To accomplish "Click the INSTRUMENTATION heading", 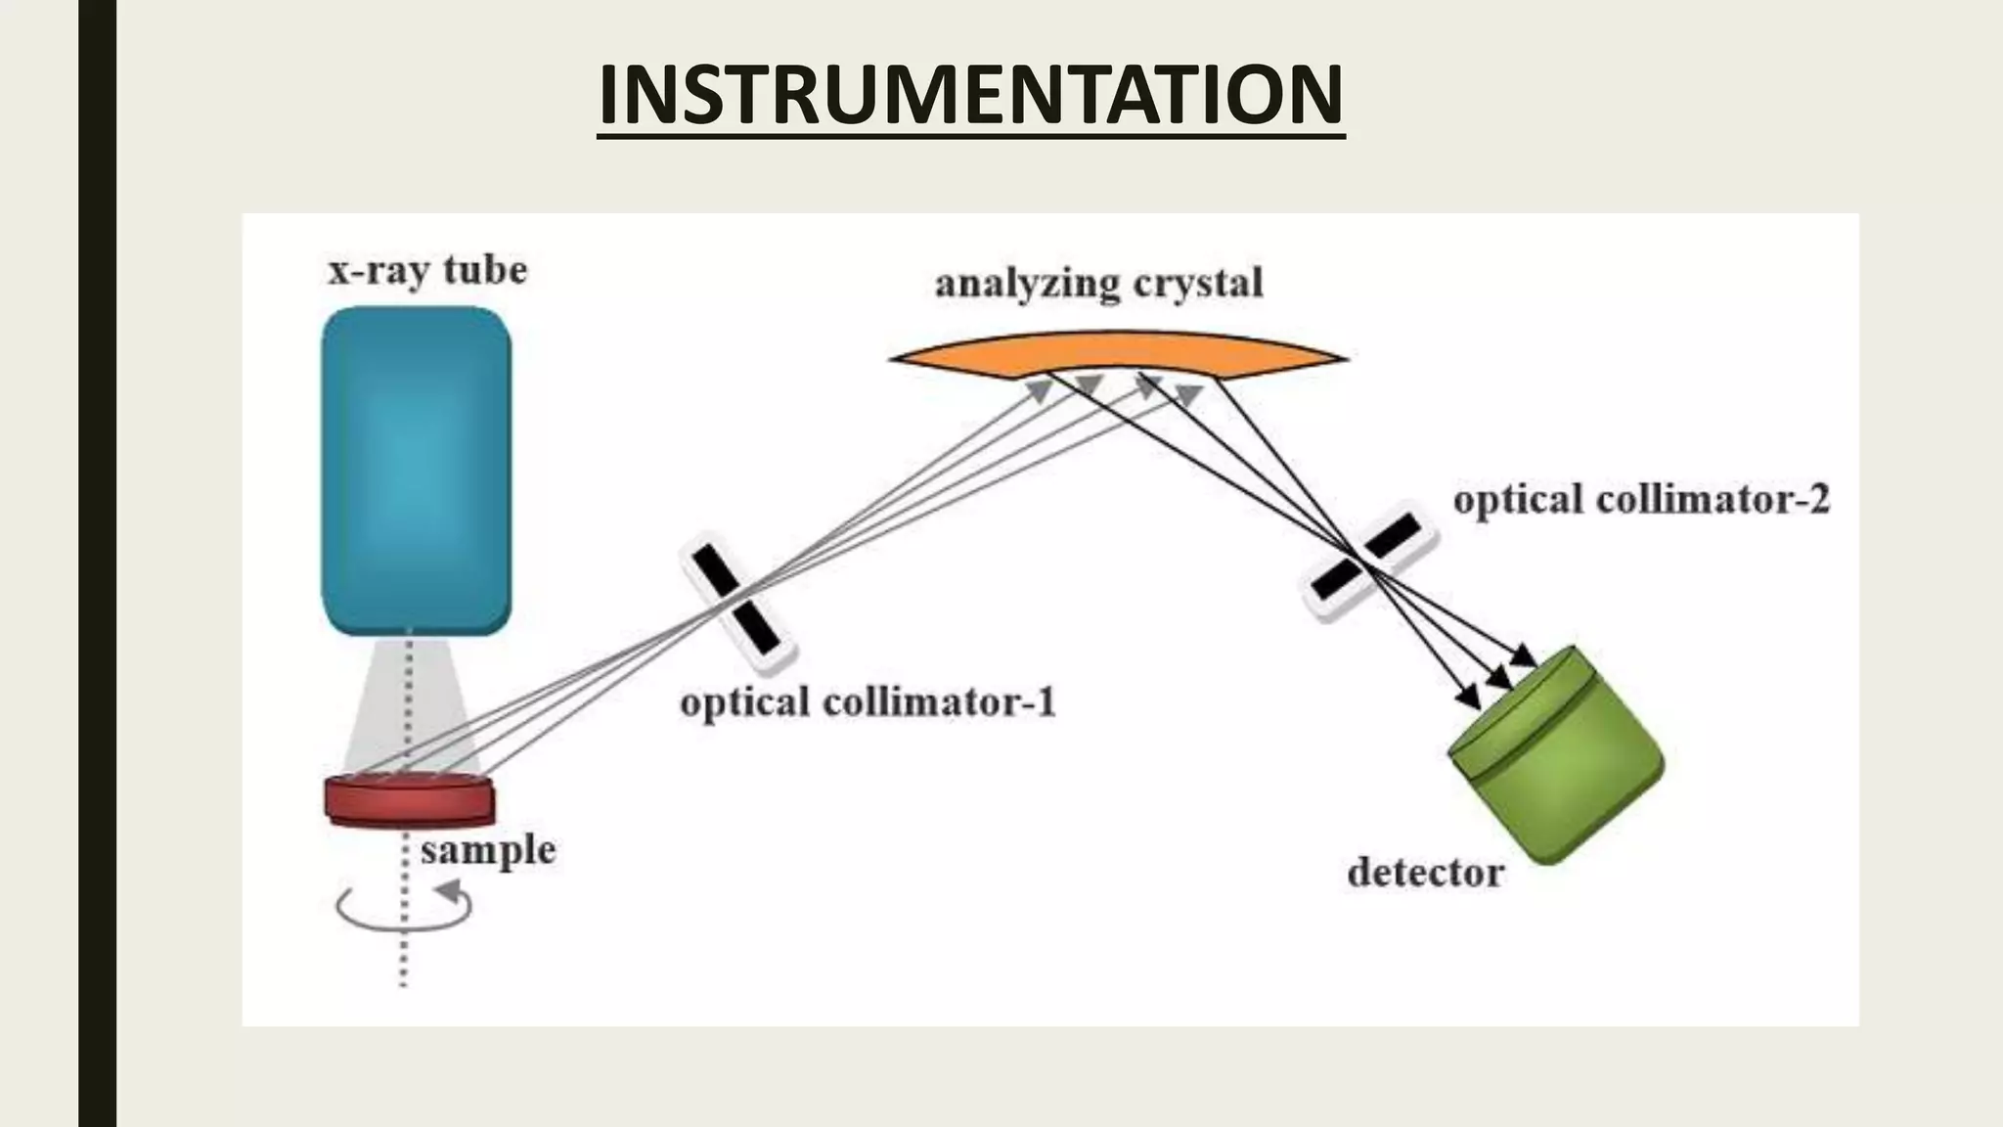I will click(970, 96).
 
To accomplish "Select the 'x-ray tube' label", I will click(427, 269).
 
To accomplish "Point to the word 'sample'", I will click(488, 849).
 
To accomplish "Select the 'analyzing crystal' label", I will click(1098, 284).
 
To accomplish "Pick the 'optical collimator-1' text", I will click(868, 702).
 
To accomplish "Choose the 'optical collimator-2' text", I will click(1640, 500).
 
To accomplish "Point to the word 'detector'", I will click(1425, 872).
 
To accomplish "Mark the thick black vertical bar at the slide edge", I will click(97, 563).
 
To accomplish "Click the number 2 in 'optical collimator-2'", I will click(1818, 500).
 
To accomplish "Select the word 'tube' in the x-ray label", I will click(485, 269).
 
